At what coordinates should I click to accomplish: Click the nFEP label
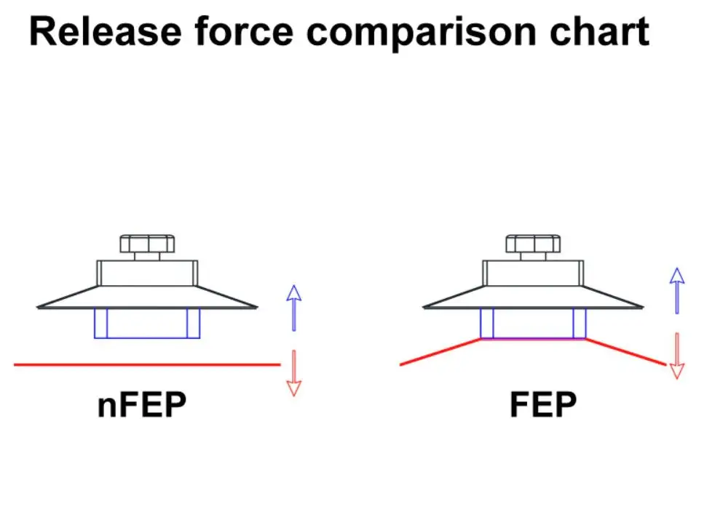142,405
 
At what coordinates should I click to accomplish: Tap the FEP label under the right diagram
543,405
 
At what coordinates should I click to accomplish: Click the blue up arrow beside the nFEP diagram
293,307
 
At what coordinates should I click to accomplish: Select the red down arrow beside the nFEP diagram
293,373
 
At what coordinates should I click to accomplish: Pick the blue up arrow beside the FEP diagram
677,289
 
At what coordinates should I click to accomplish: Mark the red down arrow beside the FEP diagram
677,356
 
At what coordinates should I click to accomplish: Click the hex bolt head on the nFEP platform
147,244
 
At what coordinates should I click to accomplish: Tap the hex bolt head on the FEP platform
533,244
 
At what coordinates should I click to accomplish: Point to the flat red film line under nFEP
146,364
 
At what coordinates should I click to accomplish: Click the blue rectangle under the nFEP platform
147,323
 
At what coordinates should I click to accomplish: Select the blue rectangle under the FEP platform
533,323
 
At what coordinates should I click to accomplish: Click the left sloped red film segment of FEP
440,352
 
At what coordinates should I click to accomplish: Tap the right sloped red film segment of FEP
626,351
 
